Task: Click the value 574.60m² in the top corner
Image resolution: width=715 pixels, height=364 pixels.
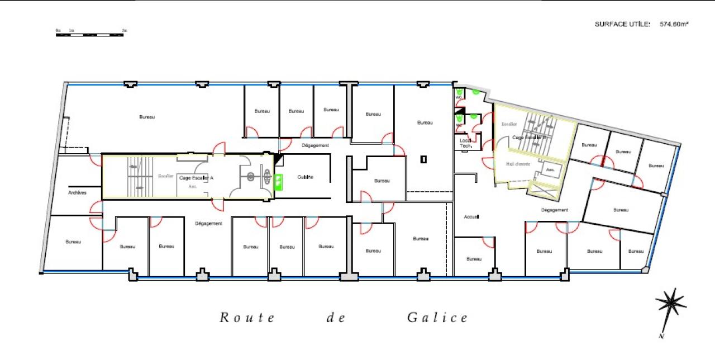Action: [x=674, y=24]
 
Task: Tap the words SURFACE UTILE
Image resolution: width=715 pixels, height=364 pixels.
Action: [x=622, y=24]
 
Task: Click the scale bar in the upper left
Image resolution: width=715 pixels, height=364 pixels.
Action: [x=89, y=35]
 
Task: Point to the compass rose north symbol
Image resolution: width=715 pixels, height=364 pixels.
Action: [x=670, y=304]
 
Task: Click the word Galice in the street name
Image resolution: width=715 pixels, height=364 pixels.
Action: [x=437, y=318]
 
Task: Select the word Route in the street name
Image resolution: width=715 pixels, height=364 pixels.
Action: [x=247, y=318]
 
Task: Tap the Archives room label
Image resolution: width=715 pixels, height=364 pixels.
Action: [x=77, y=193]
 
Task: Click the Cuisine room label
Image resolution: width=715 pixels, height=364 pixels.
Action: [x=305, y=177]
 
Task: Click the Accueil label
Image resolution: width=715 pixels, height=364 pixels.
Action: [x=472, y=216]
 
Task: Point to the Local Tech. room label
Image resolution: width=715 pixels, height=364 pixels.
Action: [x=466, y=144]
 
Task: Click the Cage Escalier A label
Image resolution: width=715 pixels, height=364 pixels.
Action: [x=196, y=178]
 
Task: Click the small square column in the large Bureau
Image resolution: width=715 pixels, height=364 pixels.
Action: [x=423, y=159]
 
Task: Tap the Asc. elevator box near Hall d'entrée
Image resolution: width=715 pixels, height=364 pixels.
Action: [x=550, y=169]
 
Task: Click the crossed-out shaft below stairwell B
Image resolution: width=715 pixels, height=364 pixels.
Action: [x=544, y=191]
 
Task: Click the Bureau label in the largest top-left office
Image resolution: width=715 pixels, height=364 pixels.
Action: [x=147, y=117]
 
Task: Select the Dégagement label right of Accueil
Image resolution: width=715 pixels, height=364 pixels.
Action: [x=554, y=210]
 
